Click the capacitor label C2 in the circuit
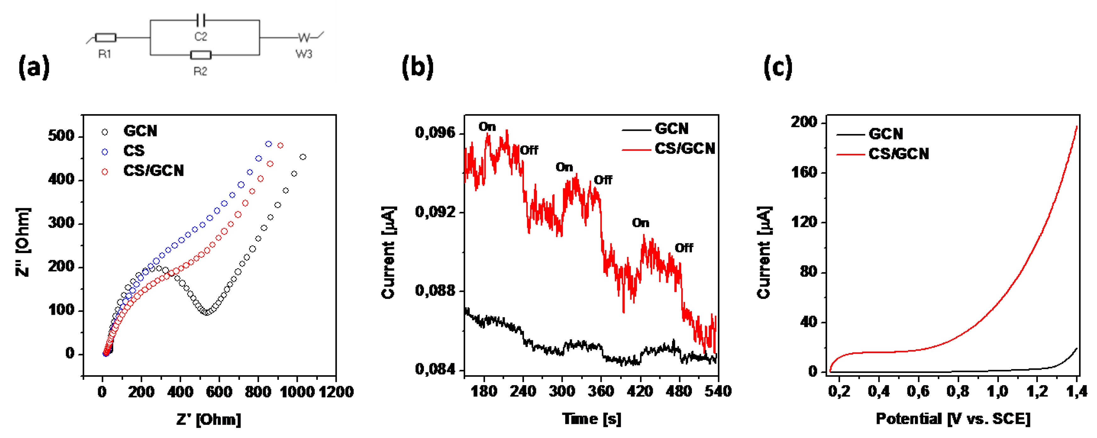point(201,37)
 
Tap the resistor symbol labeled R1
point(106,38)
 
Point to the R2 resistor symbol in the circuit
point(201,55)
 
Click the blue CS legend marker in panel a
point(105,152)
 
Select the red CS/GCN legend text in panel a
point(153,171)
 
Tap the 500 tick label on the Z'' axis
point(61,136)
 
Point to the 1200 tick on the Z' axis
point(337,391)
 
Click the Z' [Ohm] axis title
point(209,420)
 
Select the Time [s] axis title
point(592,419)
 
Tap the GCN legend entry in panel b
point(671,129)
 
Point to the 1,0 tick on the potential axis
point(997,391)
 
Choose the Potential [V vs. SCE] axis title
point(953,419)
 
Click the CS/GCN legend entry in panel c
point(899,154)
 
